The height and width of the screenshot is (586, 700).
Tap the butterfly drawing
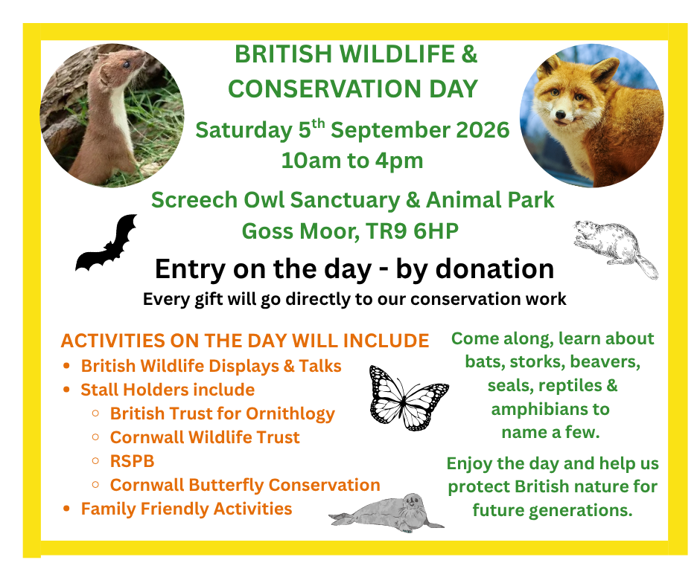pyautogui.click(x=409, y=399)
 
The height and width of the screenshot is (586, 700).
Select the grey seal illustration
pyautogui.click(x=387, y=513)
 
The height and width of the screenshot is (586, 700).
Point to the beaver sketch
pyautogui.click(x=616, y=248)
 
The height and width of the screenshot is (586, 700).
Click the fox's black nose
pyautogui.click(x=560, y=115)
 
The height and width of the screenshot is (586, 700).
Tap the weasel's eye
pyautogui.click(x=127, y=65)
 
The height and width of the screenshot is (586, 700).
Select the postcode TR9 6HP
pyautogui.click(x=412, y=231)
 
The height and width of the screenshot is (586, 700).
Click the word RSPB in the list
pyautogui.click(x=132, y=461)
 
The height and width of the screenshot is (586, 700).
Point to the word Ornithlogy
pyautogui.click(x=290, y=414)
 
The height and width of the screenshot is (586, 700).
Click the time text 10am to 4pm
pyautogui.click(x=352, y=161)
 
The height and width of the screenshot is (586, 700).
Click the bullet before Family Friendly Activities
pyautogui.click(x=66, y=509)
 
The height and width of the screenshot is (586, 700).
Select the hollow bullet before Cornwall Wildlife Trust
pyautogui.click(x=95, y=437)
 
